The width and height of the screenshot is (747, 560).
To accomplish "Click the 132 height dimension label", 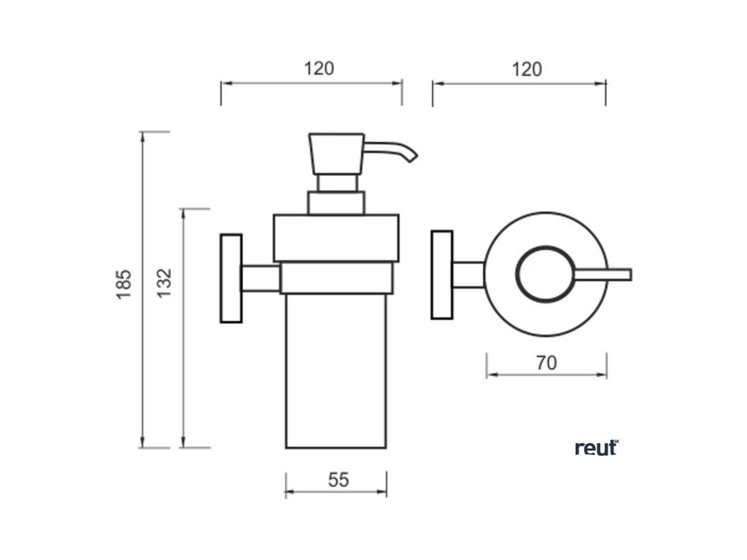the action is click(x=164, y=282).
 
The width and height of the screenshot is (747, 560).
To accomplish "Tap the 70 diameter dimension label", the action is click(x=546, y=362).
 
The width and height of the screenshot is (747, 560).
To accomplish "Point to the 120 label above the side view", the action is click(x=319, y=69).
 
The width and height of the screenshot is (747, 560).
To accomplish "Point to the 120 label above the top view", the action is click(x=527, y=69).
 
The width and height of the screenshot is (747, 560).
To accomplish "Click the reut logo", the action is click(x=596, y=447).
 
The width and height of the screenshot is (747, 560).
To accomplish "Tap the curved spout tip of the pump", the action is click(x=410, y=155).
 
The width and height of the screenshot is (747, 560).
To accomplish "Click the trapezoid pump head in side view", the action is click(x=336, y=153).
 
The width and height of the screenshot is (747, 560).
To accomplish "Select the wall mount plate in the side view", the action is click(x=231, y=278).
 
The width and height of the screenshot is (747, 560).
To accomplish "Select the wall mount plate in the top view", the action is click(x=442, y=275).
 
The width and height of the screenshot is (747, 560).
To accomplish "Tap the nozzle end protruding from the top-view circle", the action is click(x=620, y=275).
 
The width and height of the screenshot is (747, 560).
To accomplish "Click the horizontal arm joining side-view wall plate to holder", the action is click(x=260, y=279).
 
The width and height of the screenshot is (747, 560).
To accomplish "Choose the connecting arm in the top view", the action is click(x=468, y=274).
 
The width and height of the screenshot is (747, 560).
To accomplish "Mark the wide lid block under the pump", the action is click(x=336, y=238).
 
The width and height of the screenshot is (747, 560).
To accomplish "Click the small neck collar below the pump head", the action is click(x=336, y=203).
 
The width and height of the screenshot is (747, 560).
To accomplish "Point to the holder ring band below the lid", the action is click(x=336, y=278).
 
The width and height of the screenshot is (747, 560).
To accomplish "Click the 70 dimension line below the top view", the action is click(x=546, y=375).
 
